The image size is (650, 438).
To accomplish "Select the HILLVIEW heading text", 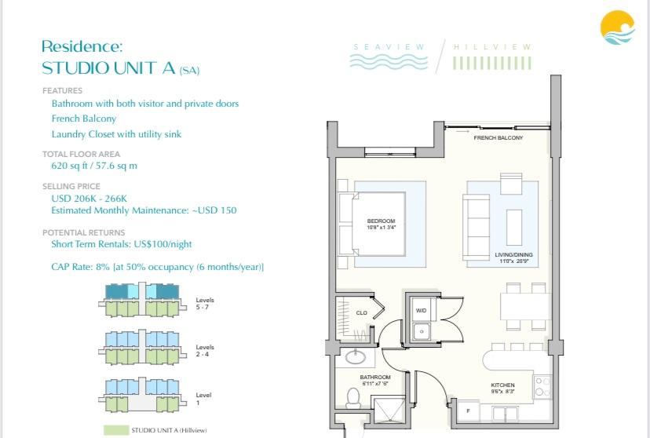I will (x=493, y=47).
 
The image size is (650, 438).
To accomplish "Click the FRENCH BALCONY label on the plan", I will (x=498, y=137).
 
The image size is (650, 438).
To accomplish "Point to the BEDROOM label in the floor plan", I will (x=381, y=221).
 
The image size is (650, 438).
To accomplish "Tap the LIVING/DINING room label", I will (x=514, y=256).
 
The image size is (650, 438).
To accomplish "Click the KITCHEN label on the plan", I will (x=502, y=385).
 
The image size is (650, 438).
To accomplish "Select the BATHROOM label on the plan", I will (x=375, y=378).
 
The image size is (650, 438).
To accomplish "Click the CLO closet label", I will (x=361, y=312).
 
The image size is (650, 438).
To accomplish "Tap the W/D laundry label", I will (x=421, y=311).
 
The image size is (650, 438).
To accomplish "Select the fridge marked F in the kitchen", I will (x=468, y=411).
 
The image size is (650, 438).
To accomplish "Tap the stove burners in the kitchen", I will (x=541, y=385).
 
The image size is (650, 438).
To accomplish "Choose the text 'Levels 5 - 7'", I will (x=205, y=303).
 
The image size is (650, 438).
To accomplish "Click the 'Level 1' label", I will (x=203, y=399).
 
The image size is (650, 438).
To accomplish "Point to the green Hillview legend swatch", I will (x=116, y=430).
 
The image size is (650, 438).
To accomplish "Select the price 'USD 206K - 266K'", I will (x=88, y=199).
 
